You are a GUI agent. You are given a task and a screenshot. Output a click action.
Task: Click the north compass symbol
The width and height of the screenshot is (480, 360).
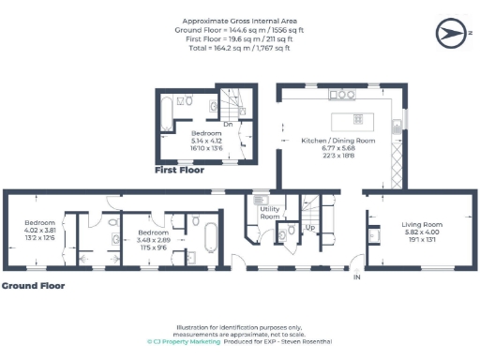click(x=448, y=35)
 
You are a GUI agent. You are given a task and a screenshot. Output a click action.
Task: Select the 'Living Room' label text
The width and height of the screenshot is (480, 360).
click(x=422, y=224)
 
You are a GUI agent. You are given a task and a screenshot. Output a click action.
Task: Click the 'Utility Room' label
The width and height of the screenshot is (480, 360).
click(x=270, y=213)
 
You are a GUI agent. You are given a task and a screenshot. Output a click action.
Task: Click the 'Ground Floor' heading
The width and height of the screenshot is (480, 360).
click(x=33, y=285)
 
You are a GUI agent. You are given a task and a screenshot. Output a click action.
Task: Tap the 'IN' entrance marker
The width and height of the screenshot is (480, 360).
click(x=356, y=277)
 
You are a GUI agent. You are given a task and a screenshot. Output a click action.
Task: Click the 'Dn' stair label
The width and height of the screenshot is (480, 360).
click(x=228, y=123)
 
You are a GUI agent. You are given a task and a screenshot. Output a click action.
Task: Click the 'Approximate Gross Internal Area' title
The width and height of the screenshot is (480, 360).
click(x=239, y=19)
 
